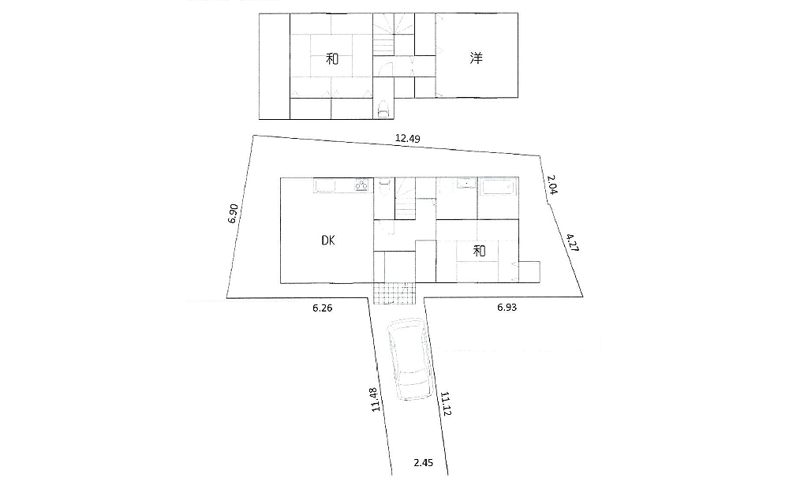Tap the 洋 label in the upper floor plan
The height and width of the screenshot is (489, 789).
[x=477, y=58]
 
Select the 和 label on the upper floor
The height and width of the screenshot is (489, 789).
[x=333, y=58]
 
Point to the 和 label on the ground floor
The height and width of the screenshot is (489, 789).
[x=479, y=251]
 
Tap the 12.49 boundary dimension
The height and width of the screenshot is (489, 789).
[x=407, y=139]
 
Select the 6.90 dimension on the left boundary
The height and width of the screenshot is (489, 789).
[x=233, y=214]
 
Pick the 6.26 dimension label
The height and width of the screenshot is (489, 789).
[x=322, y=308]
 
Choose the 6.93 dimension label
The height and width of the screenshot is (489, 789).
[x=507, y=308]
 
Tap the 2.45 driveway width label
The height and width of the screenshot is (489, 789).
[x=424, y=463]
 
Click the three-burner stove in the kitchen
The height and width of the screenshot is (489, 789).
[x=361, y=186]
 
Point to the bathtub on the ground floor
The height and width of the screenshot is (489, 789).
[x=497, y=188]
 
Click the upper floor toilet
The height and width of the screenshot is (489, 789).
[x=384, y=108]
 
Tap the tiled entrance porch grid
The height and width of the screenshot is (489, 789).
[x=394, y=293]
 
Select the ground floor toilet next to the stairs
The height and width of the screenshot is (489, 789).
[x=383, y=186]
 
